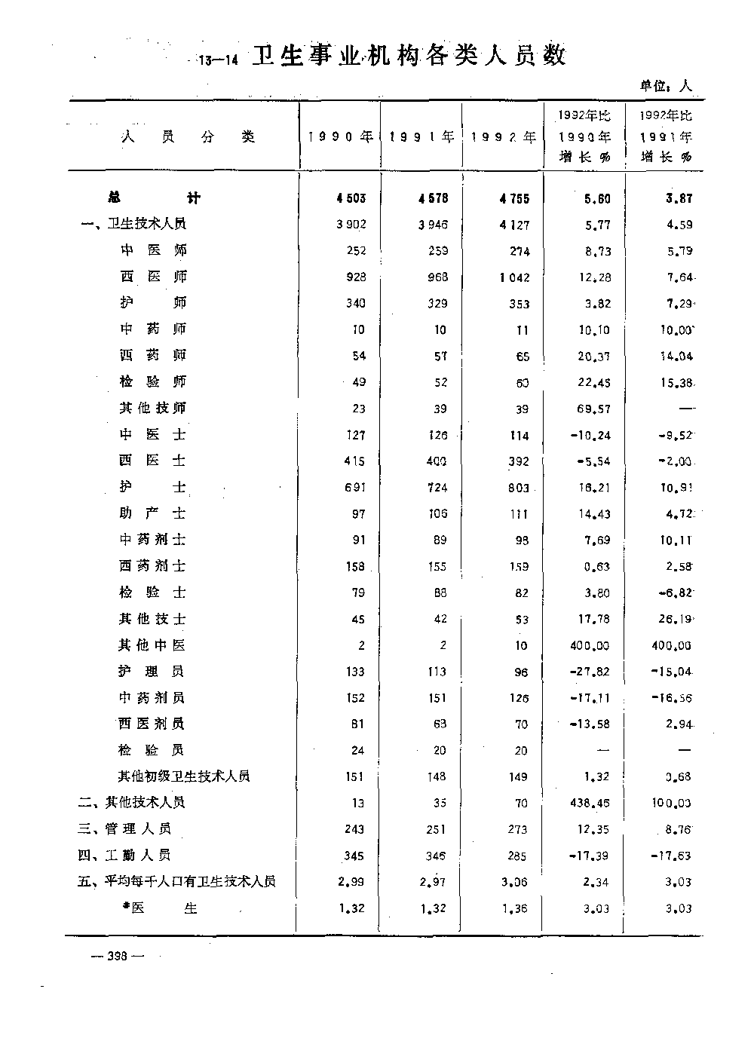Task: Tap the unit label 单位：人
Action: [x=666, y=86]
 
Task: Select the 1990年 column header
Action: [x=341, y=137]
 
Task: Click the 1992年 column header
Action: [x=504, y=137]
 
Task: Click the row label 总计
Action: [x=154, y=198]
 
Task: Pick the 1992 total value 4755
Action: [x=514, y=199]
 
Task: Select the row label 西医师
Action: [x=153, y=277]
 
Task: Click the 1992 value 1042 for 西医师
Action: [x=514, y=277]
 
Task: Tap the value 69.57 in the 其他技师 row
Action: [x=595, y=409]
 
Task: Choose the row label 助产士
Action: [x=152, y=513]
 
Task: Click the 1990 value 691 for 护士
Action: [x=354, y=488]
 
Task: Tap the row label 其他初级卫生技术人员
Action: [x=184, y=776]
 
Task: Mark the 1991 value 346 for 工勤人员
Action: [x=436, y=856]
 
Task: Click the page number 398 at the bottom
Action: [x=117, y=956]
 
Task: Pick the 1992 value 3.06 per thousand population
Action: [x=515, y=883]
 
